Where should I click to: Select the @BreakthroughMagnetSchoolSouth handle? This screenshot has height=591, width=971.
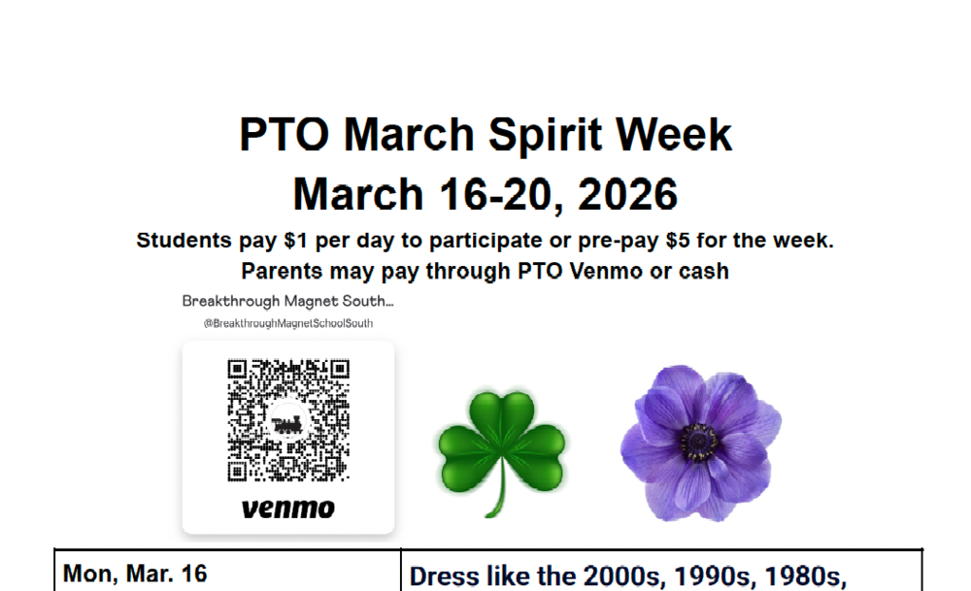[288, 323]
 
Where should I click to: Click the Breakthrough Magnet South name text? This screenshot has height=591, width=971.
[287, 302]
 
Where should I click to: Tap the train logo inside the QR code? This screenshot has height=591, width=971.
[288, 422]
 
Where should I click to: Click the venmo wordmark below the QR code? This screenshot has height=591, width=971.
[288, 508]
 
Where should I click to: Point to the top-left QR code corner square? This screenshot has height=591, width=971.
[237, 370]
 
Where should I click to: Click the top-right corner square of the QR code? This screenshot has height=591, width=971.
[340, 370]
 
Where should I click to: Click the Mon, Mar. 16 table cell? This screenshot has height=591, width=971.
[135, 574]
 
